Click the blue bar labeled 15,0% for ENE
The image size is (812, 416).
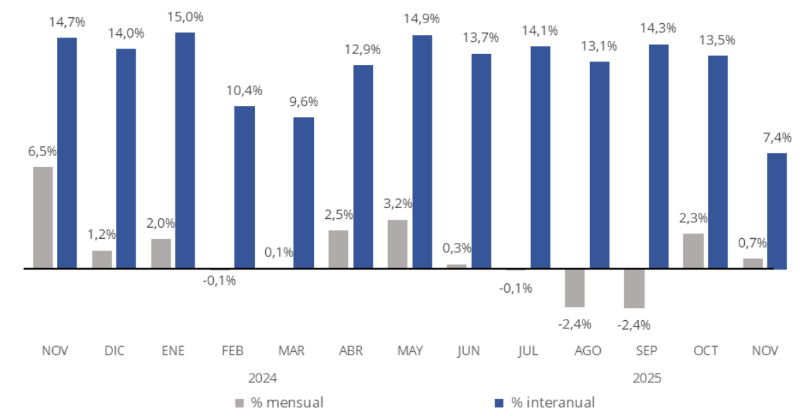tap(185, 151)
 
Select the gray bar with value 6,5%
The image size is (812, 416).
tap(42, 218)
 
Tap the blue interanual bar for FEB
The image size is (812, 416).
tap(245, 187)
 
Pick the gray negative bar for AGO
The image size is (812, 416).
tap(575, 287)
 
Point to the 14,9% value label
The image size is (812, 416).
tap(421, 18)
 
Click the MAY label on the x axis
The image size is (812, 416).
tap(410, 351)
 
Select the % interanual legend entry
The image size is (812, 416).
tap(544, 402)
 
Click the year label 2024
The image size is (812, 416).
tap(262, 378)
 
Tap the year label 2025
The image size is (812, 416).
tap(647, 378)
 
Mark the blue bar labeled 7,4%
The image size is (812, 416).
tap(776, 211)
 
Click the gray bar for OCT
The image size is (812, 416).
tap(693, 251)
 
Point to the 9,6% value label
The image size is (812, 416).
tap(304, 101)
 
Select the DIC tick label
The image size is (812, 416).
tap(115, 351)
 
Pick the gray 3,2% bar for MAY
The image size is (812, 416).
tap(397, 244)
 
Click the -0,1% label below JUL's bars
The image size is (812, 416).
tap(516, 288)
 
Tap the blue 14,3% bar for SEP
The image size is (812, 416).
tap(659, 156)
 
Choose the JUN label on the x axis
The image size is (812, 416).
tap(469, 351)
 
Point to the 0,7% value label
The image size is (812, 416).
tap(753, 243)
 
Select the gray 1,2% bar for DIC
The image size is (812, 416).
tap(102, 259)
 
